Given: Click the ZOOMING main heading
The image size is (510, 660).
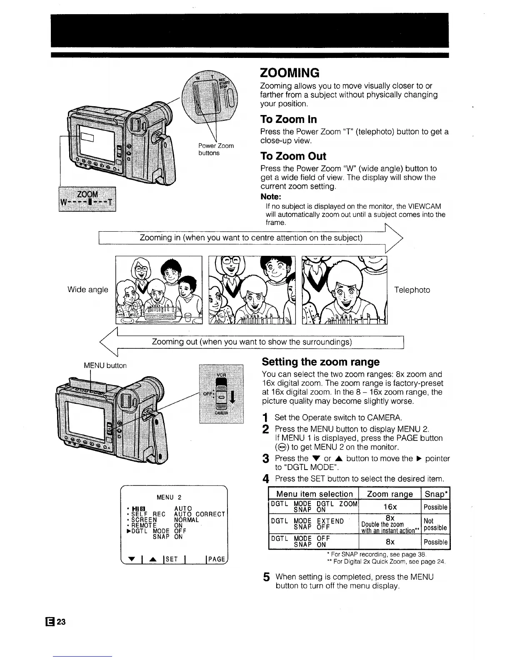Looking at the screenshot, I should point(290,72).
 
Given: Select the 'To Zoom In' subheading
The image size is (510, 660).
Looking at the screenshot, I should point(288,120).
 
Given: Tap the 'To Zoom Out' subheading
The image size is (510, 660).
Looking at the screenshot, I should point(293,156).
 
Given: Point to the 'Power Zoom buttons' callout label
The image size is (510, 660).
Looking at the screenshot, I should point(215,149).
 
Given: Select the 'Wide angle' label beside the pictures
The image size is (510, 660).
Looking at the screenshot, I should point(87,290).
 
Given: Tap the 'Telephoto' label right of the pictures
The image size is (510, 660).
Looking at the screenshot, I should point(412,290).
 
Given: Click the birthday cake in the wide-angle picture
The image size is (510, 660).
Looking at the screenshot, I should point(160,312).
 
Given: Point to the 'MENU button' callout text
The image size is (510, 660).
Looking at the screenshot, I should point(105,365).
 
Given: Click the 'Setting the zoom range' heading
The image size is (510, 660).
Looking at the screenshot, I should point(320,362).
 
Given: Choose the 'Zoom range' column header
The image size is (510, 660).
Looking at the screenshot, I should point(390,494).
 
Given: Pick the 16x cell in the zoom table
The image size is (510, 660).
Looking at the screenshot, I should point(390,507).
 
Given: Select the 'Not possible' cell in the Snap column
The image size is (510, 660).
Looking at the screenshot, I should point(435,524).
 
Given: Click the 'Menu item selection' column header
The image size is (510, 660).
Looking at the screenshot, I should point(314,494).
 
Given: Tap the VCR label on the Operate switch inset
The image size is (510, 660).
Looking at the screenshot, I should point(221,374).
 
